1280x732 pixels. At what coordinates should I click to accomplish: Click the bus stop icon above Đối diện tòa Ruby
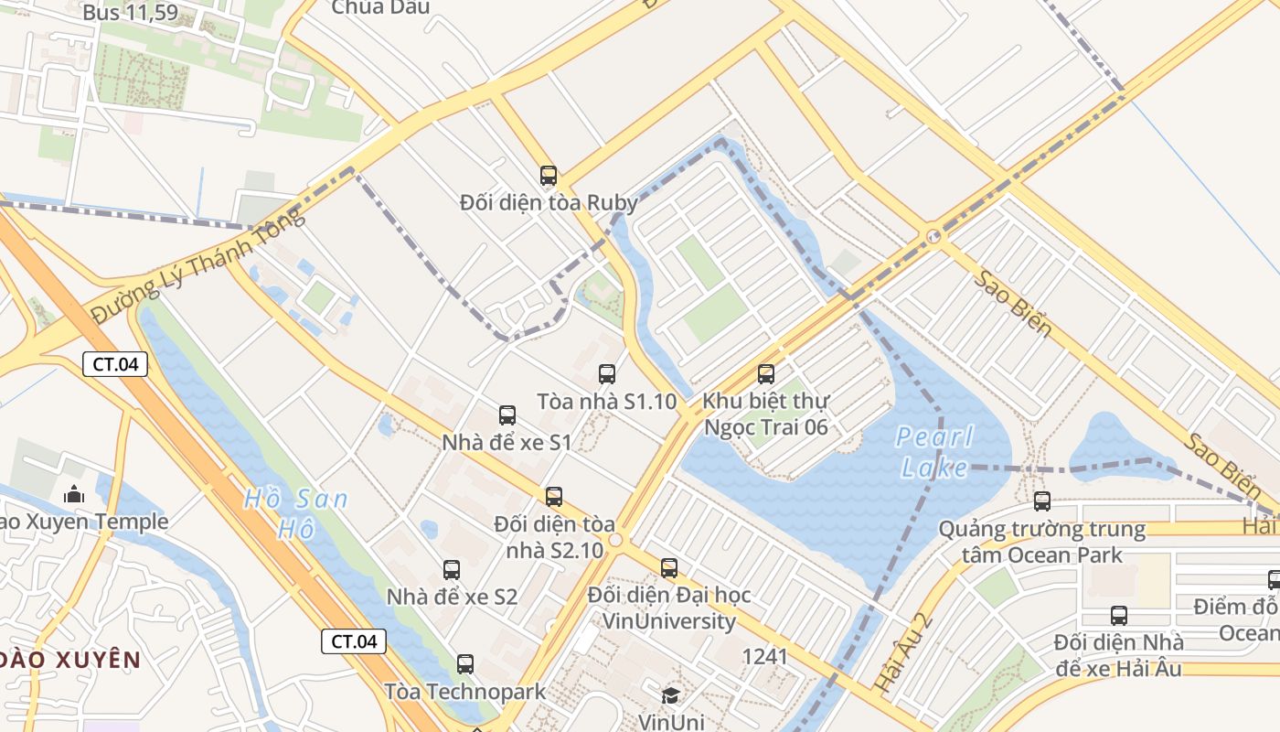(x=548, y=175)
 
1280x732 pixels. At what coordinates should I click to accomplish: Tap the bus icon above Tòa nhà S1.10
(x=607, y=373)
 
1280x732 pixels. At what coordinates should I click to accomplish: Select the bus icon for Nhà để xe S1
(x=507, y=414)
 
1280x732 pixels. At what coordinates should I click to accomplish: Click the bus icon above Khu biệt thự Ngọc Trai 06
(x=766, y=373)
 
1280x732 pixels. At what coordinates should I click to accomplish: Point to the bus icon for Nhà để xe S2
(x=452, y=569)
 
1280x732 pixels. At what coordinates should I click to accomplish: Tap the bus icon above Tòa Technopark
(x=465, y=663)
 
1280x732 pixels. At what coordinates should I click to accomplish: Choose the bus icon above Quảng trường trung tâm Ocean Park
(x=1042, y=501)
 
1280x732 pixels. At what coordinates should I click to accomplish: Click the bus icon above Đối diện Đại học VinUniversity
(x=669, y=567)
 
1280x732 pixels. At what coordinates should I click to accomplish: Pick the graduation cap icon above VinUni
(x=670, y=695)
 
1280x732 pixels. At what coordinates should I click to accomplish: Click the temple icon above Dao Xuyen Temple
(x=74, y=494)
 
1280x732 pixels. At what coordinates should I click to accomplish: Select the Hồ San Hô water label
(x=294, y=513)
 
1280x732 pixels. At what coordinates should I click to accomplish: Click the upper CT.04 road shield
(x=115, y=364)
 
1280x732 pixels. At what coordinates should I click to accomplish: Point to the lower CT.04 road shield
(x=353, y=641)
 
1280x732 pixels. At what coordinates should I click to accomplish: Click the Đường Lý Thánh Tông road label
(x=197, y=264)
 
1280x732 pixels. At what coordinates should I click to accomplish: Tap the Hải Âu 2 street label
(x=902, y=651)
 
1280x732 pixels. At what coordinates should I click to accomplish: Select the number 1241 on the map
(x=764, y=656)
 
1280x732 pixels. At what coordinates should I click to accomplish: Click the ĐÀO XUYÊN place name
(x=70, y=660)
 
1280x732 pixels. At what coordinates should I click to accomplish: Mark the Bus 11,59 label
(x=130, y=13)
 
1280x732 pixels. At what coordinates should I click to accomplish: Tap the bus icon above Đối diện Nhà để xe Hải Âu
(x=1119, y=615)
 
